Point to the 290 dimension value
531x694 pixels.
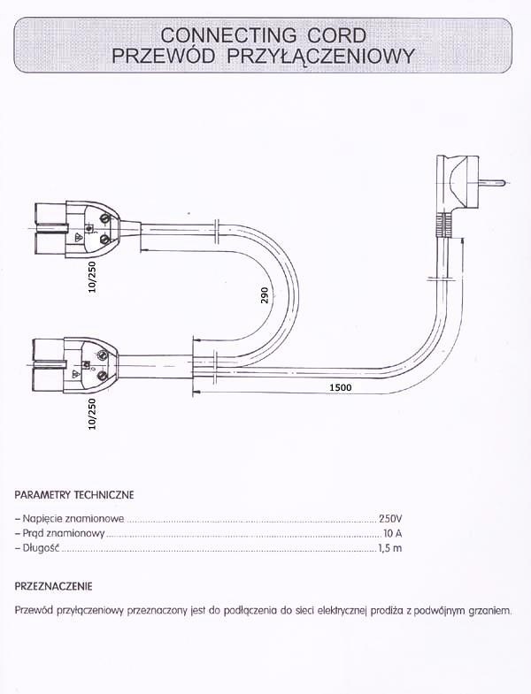pyautogui.click(x=264, y=294)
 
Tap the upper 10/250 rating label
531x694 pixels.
pyautogui.click(x=93, y=276)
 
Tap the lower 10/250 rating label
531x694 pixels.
pyautogui.click(x=93, y=413)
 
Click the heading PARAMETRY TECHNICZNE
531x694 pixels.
pyautogui.click(x=74, y=494)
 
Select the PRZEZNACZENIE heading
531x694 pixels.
pyautogui.click(x=54, y=586)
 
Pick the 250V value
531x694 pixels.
pyautogui.click(x=390, y=518)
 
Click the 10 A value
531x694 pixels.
pyautogui.click(x=393, y=534)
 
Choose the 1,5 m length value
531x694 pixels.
pyautogui.click(x=390, y=550)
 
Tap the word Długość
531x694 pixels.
pyautogui.click(x=40, y=550)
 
